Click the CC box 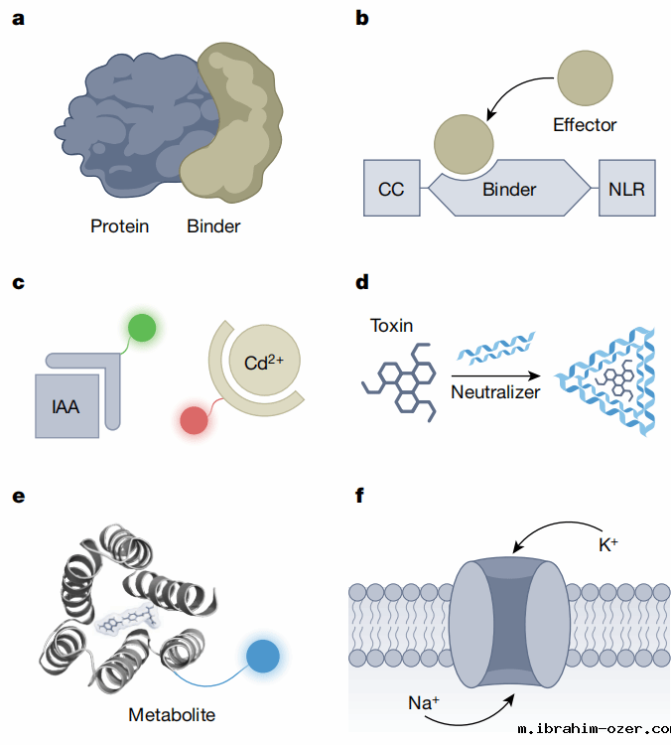tap(391, 189)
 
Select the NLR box tap(627, 189)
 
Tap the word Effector tap(585, 125)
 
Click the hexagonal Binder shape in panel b tap(509, 189)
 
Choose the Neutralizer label tap(491, 392)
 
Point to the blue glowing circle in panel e tap(263, 657)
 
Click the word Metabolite tap(172, 714)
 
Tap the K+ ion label tap(608, 545)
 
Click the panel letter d tap(363, 282)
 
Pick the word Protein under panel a tap(119, 225)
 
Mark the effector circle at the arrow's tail tap(586, 76)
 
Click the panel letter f tap(361, 495)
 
